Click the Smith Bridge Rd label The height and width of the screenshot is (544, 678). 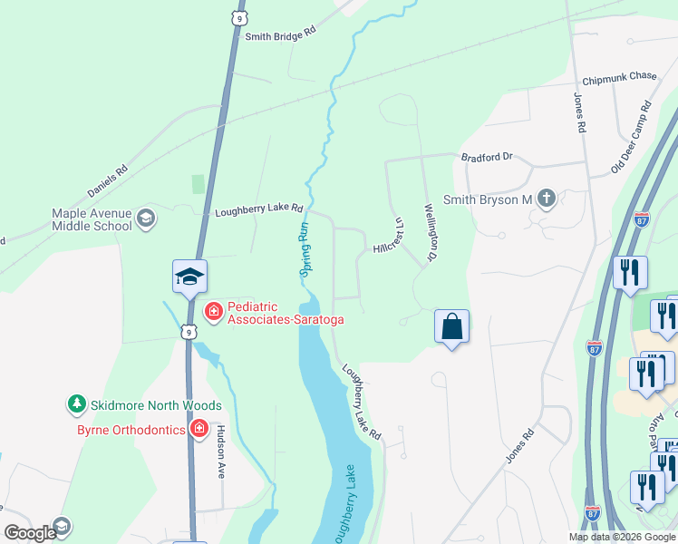click(x=280, y=31)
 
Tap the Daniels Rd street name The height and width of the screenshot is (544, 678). click(x=108, y=180)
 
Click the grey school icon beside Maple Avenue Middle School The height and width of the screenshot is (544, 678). click(x=146, y=218)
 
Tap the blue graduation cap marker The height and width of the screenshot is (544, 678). click(x=190, y=276)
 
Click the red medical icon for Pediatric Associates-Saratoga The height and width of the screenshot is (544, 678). click(x=213, y=312)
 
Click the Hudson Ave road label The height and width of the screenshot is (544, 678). click(x=219, y=452)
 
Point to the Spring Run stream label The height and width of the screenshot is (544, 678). click(x=306, y=248)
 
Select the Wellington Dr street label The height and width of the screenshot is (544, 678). click(x=431, y=231)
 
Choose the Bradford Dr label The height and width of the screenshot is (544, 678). click(x=487, y=156)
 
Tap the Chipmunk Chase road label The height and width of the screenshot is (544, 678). click(x=619, y=78)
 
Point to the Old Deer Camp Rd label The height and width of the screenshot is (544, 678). click(x=632, y=137)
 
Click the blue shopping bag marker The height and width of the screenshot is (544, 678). click(x=451, y=326)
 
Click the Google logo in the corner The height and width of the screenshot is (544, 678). click(x=30, y=533)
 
